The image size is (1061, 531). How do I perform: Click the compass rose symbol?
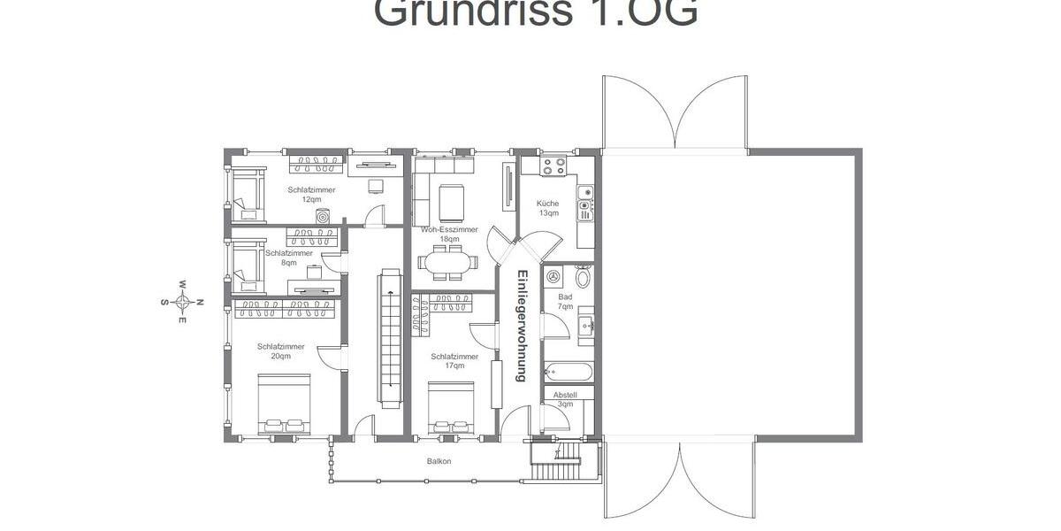pos(182,302)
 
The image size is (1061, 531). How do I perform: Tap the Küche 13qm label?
pos(548,208)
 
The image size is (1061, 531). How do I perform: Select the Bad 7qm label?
pos(566,302)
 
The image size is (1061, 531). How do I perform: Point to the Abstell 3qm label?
pos(565,399)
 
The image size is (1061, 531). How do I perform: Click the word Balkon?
pos(439,461)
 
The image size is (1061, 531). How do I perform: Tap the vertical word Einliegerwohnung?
pos(522,325)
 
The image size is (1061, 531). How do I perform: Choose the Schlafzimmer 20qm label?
pos(281,351)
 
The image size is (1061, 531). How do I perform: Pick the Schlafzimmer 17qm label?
pos(454,361)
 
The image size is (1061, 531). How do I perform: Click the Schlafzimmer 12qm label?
pos(311,195)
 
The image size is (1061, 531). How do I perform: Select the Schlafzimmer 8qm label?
pos(289,258)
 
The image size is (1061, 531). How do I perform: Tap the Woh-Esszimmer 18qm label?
pos(449,235)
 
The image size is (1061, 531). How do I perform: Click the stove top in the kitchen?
pos(554,165)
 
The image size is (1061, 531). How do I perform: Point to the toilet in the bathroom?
pos(583,274)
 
